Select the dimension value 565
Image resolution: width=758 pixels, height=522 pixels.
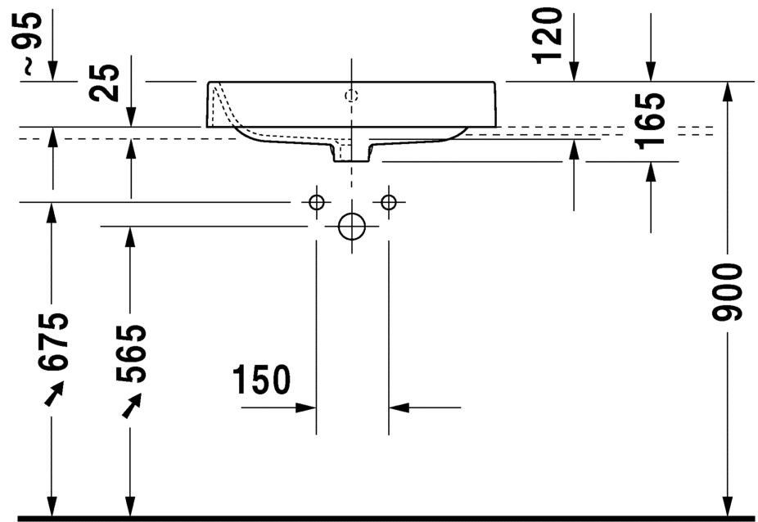tap(131, 353)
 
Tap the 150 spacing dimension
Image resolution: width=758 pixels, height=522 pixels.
tap(261, 380)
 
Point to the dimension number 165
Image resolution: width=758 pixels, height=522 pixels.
tap(651, 121)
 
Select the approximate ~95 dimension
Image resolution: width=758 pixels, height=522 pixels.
tap(29, 43)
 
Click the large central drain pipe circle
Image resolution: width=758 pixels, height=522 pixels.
tap(352, 227)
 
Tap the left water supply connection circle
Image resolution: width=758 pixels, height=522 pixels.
tap(317, 202)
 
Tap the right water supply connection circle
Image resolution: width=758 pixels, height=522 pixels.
tap(388, 202)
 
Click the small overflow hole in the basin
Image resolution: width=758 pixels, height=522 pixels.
tap(352, 96)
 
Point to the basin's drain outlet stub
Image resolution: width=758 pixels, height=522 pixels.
tap(351, 152)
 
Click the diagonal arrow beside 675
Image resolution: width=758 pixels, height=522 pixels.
tap(52, 396)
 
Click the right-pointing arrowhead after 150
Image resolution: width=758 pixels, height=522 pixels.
tap(306, 407)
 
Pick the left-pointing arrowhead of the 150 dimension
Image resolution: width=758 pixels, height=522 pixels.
tap(399, 407)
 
